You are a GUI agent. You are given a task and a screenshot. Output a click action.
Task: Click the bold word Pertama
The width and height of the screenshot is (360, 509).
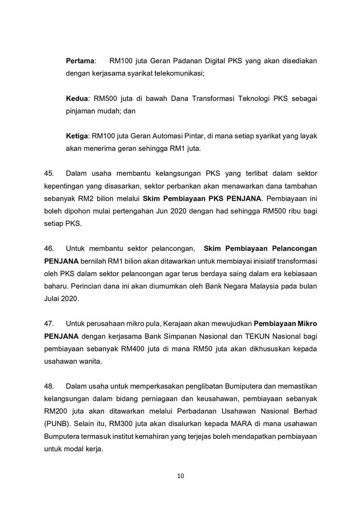pyautogui.click(x=81, y=61)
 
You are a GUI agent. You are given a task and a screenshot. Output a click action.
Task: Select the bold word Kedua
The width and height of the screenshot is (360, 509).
pyautogui.click(x=76, y=98)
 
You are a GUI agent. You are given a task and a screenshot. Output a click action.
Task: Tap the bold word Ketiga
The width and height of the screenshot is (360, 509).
pyautogui.click(x=77, y=135)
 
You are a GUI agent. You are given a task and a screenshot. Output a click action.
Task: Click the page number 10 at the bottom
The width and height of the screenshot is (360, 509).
pyautogui.click(x=180, y=475)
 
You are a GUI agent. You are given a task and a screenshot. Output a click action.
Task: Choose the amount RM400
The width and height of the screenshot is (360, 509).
pyautogui.click(x=130, y=349)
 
